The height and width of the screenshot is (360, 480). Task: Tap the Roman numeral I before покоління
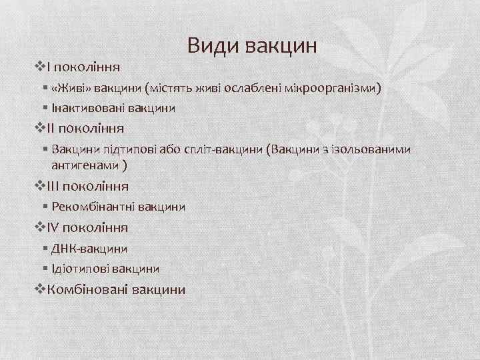[49, 67]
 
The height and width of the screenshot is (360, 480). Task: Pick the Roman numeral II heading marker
[52, 128]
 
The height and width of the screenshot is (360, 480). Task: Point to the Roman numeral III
[54, 186]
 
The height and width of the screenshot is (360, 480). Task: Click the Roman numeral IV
[54, 227]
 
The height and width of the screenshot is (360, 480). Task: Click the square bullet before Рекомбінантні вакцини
[44, 207]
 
